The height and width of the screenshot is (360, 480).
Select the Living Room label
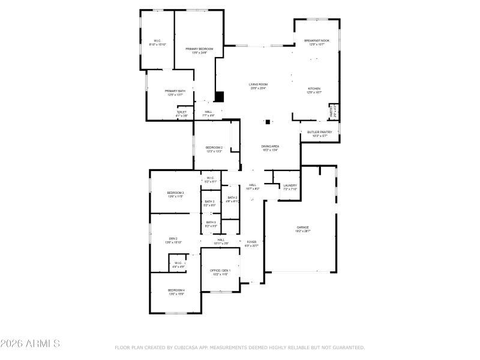pyautogui.click(x=258, y=86)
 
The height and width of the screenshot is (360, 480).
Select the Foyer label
pyautogui.click(x=251, y=243)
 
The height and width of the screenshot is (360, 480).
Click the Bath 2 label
pyautogui.click(x=232, y=199)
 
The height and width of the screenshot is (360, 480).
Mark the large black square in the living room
pyautogui.click(x=219, y=96)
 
